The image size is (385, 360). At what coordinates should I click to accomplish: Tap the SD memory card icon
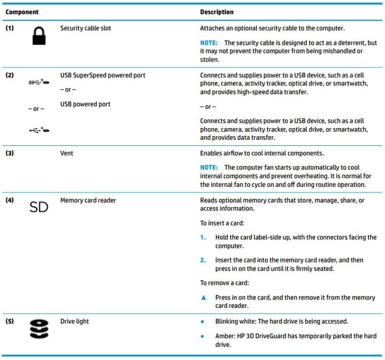coord(38,207)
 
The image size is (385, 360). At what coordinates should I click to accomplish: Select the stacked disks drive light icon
coord(38,330)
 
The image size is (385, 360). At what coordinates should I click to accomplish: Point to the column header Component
coord(22,12)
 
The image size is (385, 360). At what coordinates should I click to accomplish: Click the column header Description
coord(217,12)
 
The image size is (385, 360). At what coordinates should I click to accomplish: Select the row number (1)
coord(10,28)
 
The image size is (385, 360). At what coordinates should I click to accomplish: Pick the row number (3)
coord(10,153)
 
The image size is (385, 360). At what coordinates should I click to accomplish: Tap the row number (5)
coord(10,322)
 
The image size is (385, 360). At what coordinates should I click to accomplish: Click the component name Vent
coord(67,153)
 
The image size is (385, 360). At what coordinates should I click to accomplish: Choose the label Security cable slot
coord(86,28)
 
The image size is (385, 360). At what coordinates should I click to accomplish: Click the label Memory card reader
coord(88,200)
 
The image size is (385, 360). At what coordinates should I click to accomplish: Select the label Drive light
coord(75,322)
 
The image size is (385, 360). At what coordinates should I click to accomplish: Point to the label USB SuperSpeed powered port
coord(103,75)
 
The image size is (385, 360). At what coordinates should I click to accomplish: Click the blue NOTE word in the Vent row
coord(209,168)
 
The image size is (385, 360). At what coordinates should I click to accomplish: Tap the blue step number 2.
coord(203,260)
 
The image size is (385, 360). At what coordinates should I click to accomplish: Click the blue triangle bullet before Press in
coord(203,298)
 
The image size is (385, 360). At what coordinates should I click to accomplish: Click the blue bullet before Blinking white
coord(202,322)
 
